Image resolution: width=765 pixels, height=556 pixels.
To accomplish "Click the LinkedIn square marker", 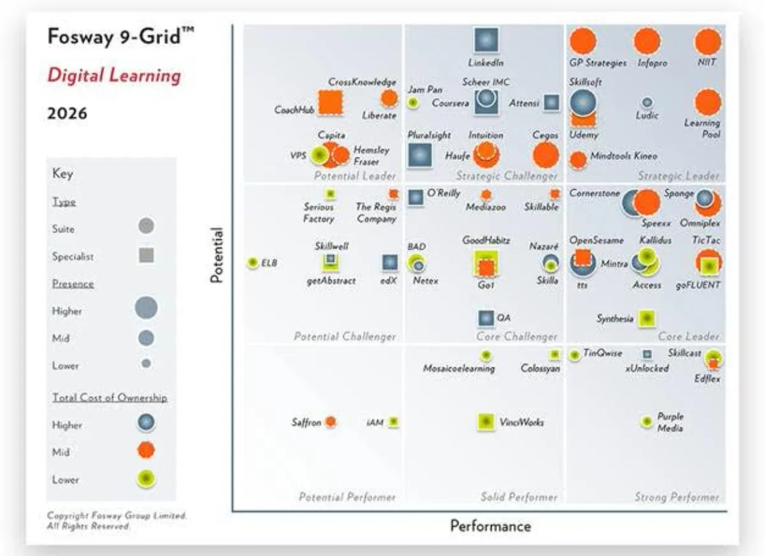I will tap(486, 41).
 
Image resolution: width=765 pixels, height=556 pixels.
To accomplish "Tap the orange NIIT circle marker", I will tap(708, 42).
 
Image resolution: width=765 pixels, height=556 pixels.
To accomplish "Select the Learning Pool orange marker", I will tap(708, 103).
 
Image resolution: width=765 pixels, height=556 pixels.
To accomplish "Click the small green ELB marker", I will tap(253, 262).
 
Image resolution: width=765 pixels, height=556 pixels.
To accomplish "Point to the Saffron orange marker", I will tap(330, 422).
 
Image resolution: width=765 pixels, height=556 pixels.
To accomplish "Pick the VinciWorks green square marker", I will tap(486, 422).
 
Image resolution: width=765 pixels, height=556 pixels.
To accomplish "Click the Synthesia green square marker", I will tap(647, 318).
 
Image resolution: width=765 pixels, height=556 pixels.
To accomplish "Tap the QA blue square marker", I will tap(486, 318).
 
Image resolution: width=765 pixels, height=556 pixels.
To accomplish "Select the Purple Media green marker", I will tap(647, 422).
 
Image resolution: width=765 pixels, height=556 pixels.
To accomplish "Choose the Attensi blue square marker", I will tap(551, 103).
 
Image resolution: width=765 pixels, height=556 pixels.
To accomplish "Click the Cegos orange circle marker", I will tap(545, 155).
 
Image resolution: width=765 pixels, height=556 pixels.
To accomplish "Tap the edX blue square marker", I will tap(390, 262).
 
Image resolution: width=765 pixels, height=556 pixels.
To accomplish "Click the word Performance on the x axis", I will tap(490, 526).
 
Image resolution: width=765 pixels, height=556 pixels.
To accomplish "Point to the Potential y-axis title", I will tap(217, 255).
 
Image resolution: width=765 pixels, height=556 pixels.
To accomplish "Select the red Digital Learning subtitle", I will tap(114, 76).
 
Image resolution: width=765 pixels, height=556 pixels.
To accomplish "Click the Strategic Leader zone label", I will tap(678, 176).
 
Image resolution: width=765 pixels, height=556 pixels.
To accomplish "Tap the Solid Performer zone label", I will tap(519, 497).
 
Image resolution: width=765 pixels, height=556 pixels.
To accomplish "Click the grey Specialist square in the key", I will tap(146, 256).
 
